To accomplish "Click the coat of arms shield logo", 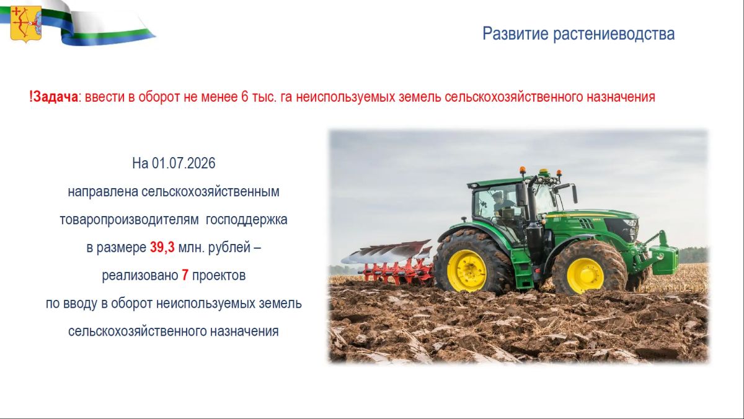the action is click(x=26, y=24).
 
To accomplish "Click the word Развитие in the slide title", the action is click(x=515, y=34).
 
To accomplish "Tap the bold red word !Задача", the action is click(x=53, y=97).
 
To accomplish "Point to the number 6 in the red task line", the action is click(x=245, y=97).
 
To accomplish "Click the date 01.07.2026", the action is click(x=184, y=163).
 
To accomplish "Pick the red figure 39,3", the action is click(x=162, y=248).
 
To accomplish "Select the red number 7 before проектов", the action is click(x=185, y=276).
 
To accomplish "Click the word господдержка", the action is click(x=247, y=220).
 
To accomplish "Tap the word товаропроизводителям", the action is click(x=129, y=220).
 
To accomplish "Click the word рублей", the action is click(x=229, y=248).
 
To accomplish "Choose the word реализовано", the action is click(x=140, y=276).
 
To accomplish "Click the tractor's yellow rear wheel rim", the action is click(x=466, y=271).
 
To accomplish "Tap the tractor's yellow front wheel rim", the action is click(x=585, y=276).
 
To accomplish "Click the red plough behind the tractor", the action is click(x=389, y=263).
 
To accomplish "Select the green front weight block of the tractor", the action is click(x=663, y=256).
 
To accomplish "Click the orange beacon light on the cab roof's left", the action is click(x=523, y=170).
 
